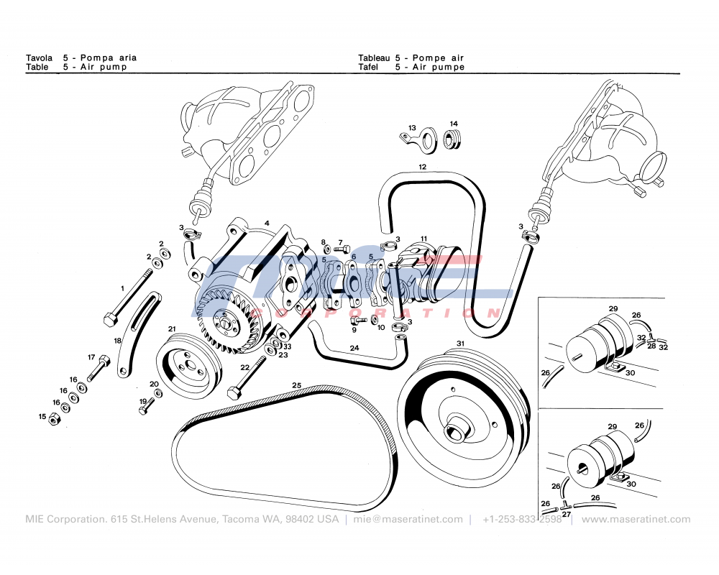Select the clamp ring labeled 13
point(427,140)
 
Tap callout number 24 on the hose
point(354,348)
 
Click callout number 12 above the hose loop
point(423,167)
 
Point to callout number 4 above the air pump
point(267,223)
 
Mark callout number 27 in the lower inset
point(567,514)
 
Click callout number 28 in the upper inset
point(651,346)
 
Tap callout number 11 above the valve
point(424,239)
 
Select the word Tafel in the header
point(368,67)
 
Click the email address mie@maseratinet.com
point(408,519)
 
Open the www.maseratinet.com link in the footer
point(636,519)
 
